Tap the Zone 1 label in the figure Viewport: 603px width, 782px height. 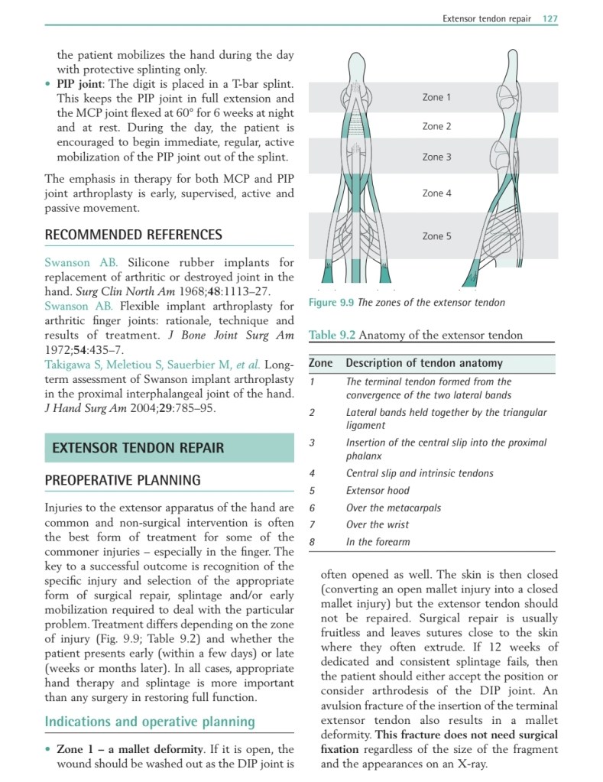tap(436, 98)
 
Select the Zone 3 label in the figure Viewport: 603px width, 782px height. tap(436, 157)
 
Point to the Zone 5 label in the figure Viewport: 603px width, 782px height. tap(436, 236)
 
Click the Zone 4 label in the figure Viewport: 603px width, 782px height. tap(436, 193)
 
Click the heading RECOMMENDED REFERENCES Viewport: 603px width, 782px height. tap(134, 235)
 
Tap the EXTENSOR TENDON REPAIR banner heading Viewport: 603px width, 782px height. tap(138, 448)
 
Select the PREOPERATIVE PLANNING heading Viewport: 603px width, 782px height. tap(122, 480)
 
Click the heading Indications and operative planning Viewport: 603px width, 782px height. tap(149, 722)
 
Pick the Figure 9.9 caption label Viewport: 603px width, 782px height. tap(332, 303)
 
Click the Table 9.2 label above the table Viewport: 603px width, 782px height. tap(332, 335)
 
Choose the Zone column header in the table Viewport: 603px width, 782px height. tap(320, 364)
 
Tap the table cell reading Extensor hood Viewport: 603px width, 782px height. tap(378, 491)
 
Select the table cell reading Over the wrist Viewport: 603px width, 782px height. tap(377, 525)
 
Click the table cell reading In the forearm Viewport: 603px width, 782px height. tap(378, 542)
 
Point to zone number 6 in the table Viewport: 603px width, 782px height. tap(312, 508)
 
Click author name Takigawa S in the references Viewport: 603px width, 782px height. tap(76, 364)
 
